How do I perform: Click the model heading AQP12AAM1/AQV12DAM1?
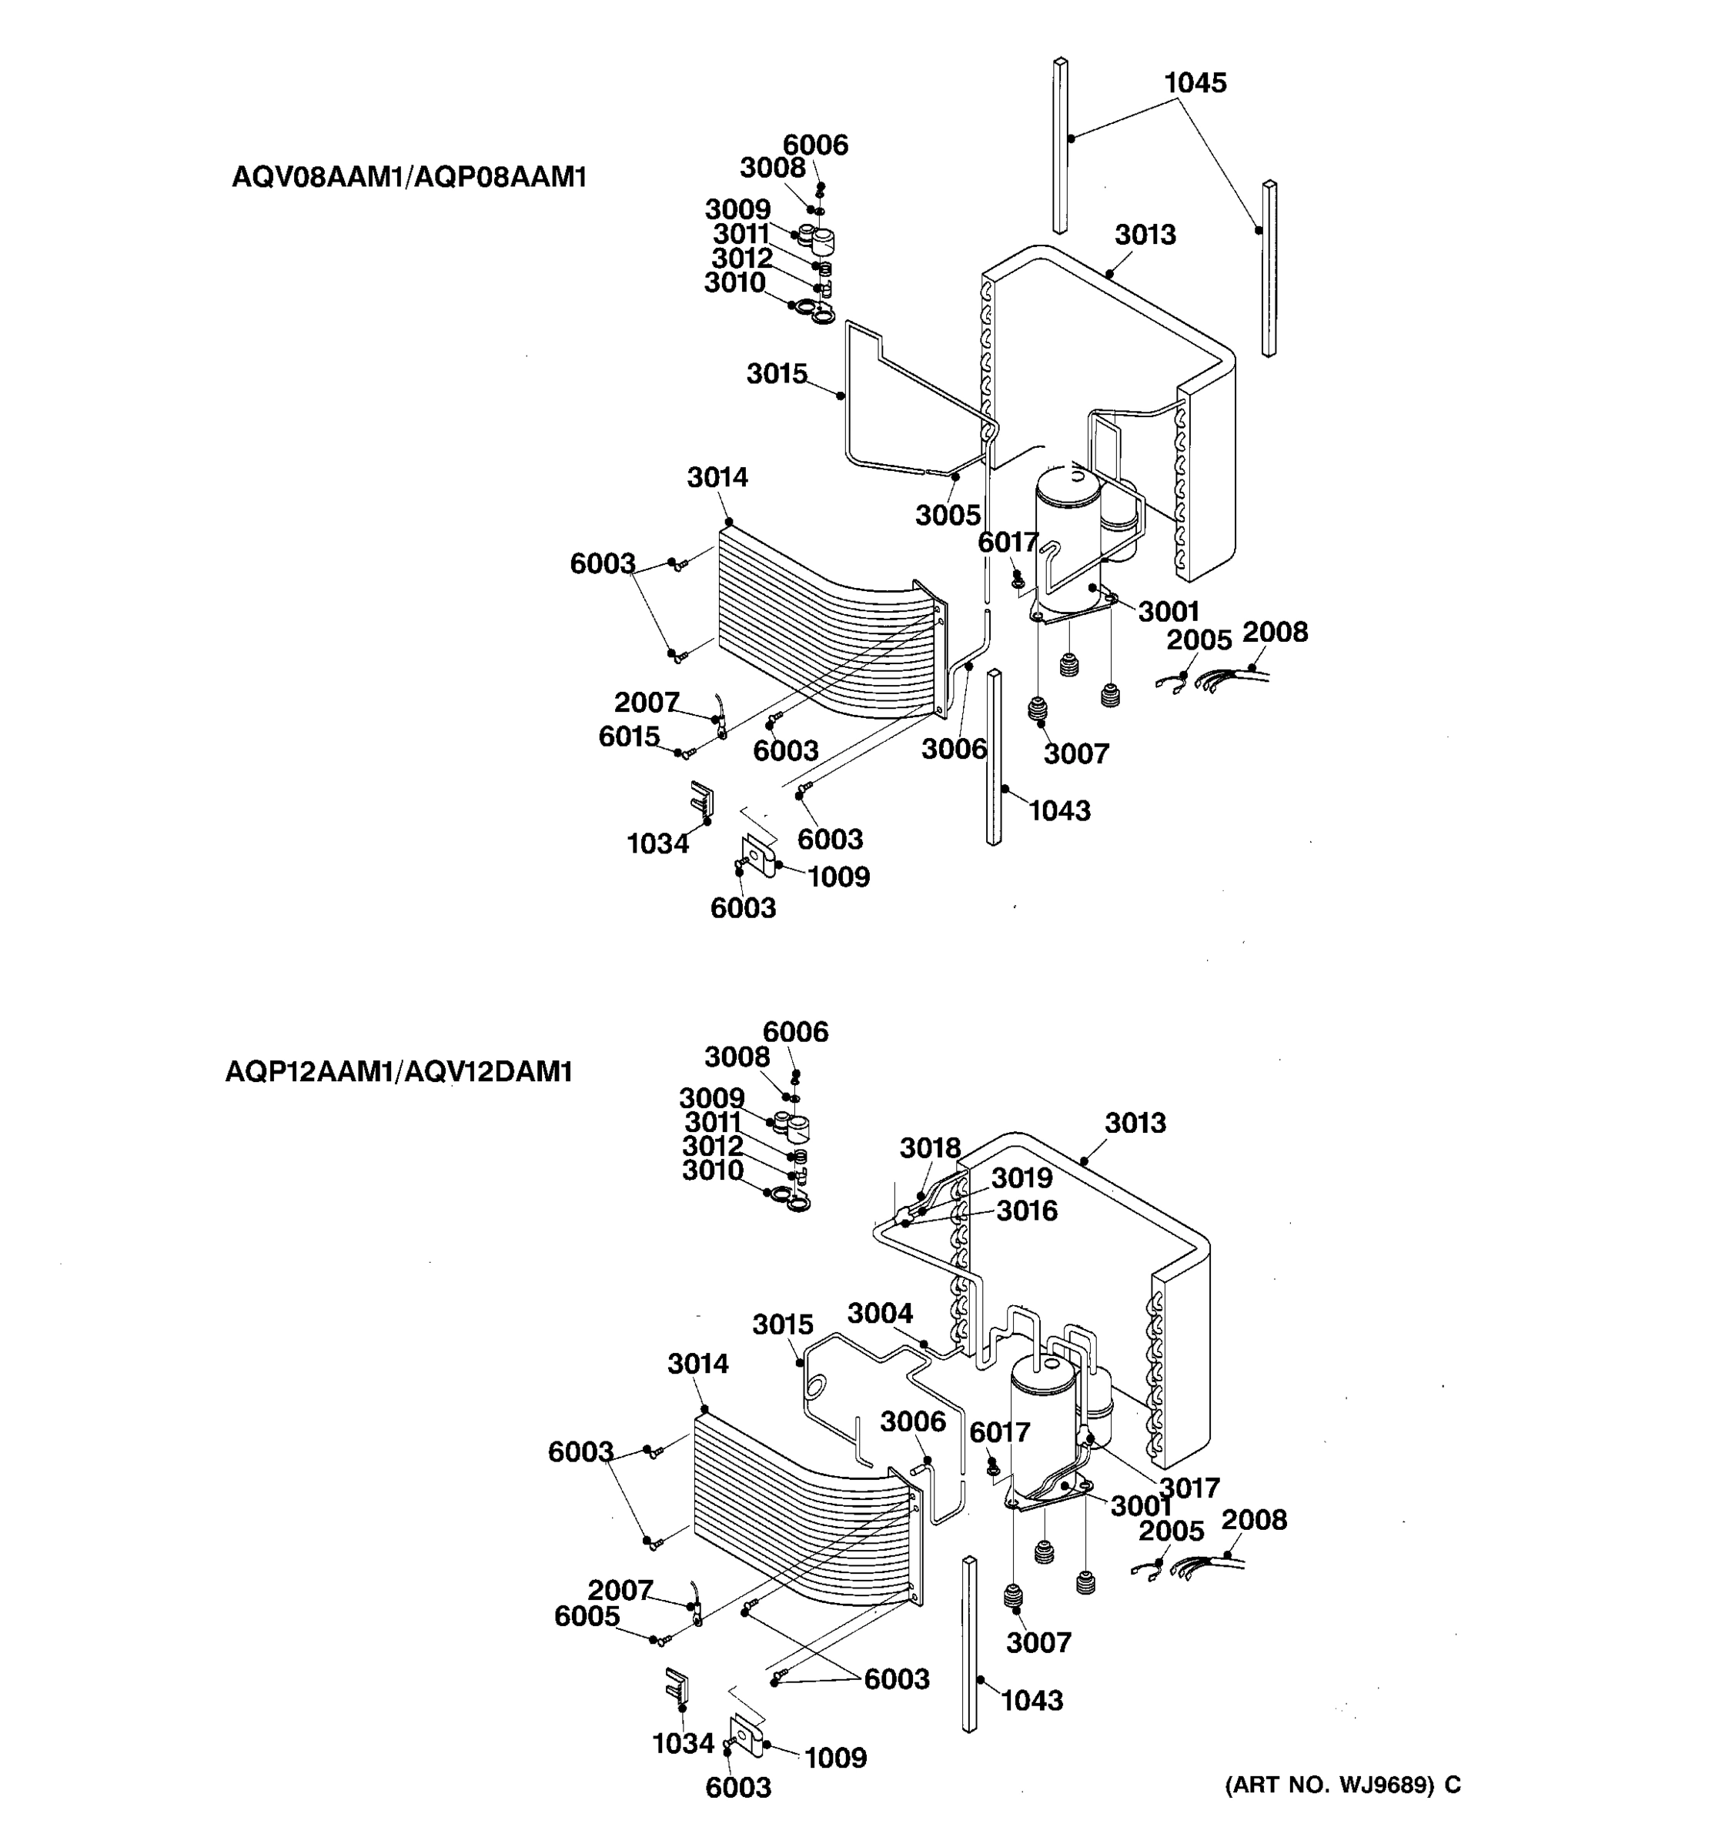pos(399,1071)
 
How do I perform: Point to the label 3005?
pos(948,515)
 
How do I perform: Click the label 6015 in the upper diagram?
pos(628,736)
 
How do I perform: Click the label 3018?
pos(929,1148)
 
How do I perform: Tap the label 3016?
pos(1027,1211)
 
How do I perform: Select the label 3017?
pos(1189,1488)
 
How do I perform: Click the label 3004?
pos(880,1313)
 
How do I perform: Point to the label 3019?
pos(1021,1178)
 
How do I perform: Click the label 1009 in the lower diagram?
pos(834,1758)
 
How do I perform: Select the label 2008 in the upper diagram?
pos(1275,632)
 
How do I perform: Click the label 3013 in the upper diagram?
pos(1145,234)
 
